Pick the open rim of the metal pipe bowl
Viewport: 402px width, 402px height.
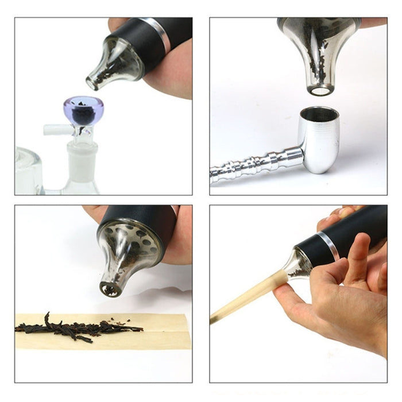[x=319, y=113]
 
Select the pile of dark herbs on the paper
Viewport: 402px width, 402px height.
[x=75, y=328]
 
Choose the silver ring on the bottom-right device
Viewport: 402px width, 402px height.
[x=327, y=246]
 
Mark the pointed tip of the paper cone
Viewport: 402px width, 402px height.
[x=212, y=320]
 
